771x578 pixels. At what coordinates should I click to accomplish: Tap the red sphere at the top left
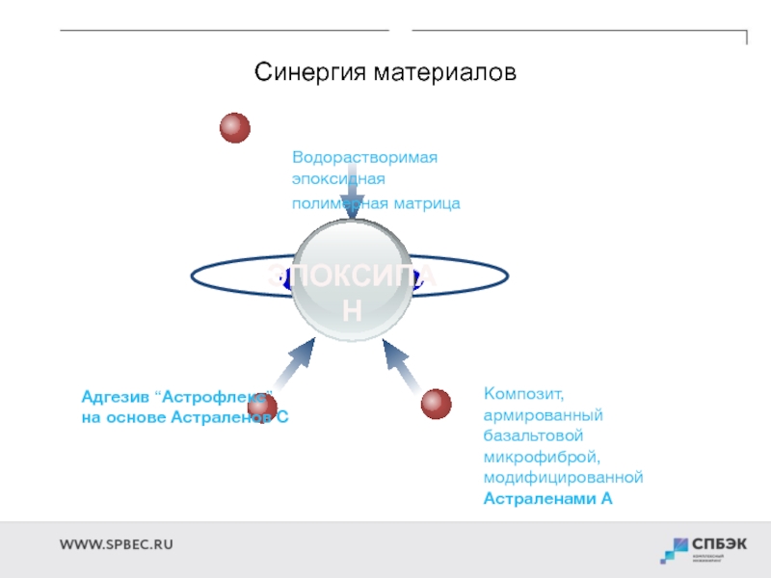(234, 128)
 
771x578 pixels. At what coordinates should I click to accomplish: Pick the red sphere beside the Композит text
(437, 404)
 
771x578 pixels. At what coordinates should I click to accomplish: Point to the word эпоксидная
(338, 179)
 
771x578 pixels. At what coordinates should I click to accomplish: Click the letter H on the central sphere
(352, 310)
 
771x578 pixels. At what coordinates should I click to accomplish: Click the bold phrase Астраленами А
(547, 498)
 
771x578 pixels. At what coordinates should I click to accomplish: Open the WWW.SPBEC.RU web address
(117, 544)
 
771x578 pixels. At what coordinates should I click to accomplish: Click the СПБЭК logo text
(720, 543)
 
